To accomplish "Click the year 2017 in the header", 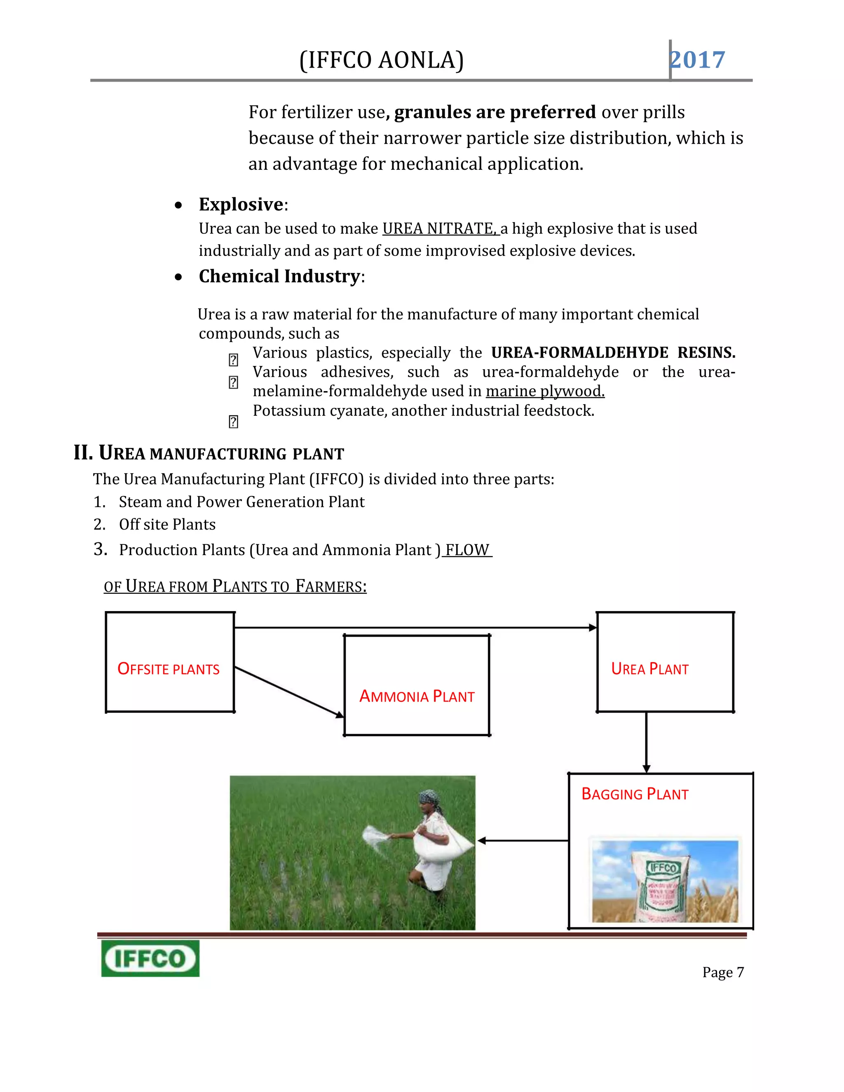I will point(698,61).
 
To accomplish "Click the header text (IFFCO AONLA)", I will point(382,61).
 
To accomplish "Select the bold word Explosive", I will point(241,204).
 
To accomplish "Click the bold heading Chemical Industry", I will point(279,277).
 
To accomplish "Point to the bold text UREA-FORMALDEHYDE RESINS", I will point(612,352).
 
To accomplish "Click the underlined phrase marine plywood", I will point(545,391).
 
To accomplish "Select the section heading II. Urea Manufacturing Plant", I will point(209,453).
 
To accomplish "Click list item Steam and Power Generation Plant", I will point(241,501).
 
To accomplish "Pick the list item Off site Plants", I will point(167,524).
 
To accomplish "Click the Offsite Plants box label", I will point(169,669).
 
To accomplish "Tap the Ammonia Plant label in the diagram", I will point(417,696).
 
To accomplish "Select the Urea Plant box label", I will point(649,669).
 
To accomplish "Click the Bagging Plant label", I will point(635,794).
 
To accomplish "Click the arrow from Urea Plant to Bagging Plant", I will point(646,742).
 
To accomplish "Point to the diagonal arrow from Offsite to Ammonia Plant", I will point(289,692).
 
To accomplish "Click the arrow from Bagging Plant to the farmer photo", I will point(523,841).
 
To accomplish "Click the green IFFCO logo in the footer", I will point(150,958).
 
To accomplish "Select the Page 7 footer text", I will point(722,972).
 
